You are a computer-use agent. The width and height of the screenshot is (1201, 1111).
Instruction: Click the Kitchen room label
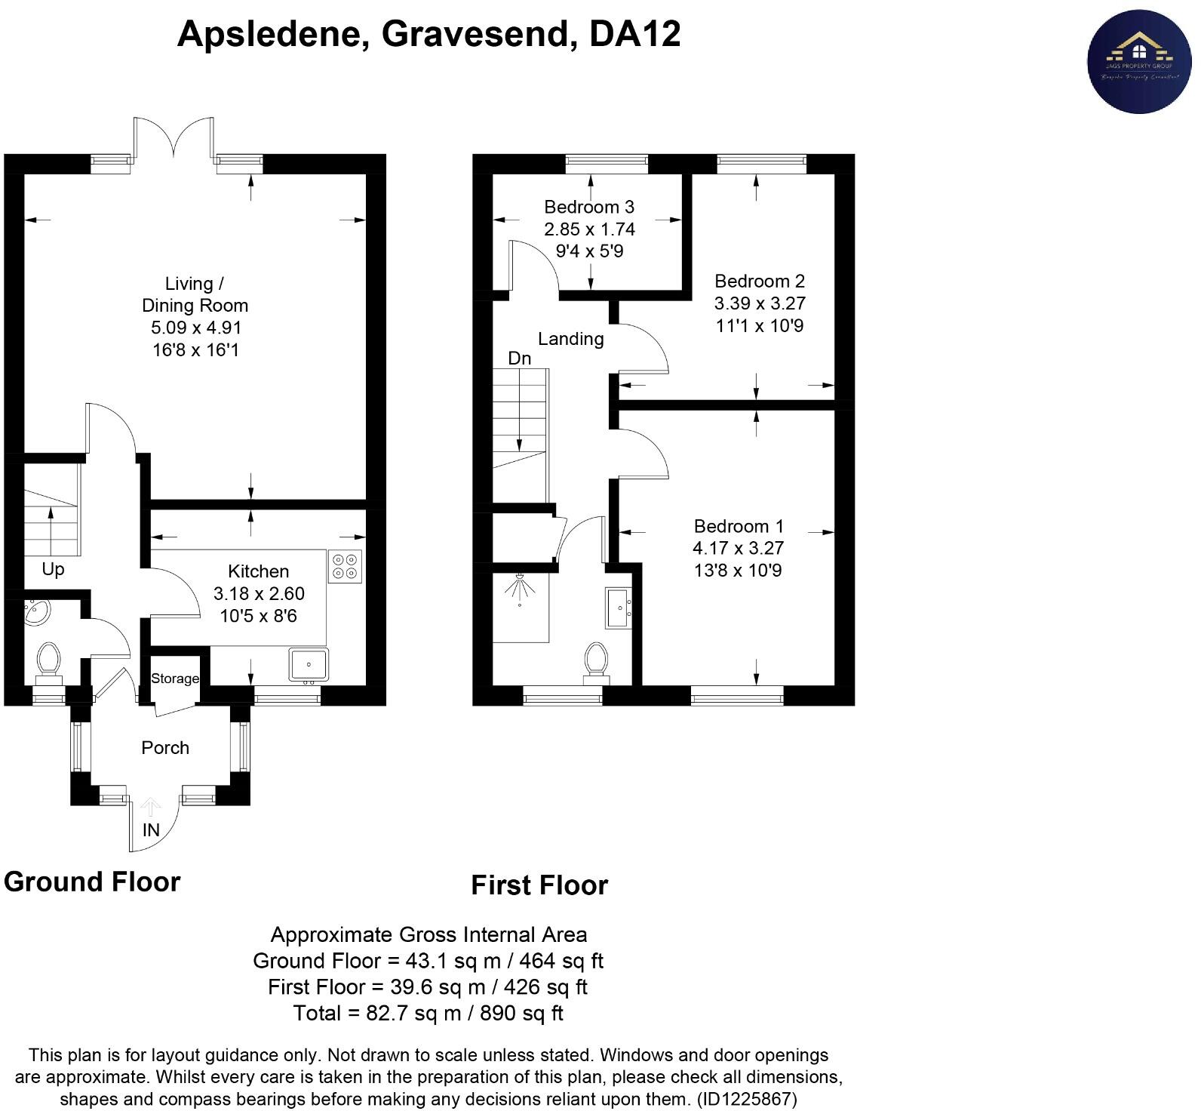click(258, 571)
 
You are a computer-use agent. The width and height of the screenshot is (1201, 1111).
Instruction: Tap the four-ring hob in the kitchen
click(345, 567)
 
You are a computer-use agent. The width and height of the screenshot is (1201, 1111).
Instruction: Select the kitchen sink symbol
click(309, 665)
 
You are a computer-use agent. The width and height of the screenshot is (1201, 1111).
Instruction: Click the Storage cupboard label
click(175, 679)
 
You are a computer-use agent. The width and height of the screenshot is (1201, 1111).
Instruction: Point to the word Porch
click(165, 748)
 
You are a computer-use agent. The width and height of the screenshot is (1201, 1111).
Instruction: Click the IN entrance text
click(151, 830)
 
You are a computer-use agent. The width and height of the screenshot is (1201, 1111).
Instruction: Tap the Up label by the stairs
click(53, 569)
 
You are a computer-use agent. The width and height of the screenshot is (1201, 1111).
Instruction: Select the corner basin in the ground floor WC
click(35, 612)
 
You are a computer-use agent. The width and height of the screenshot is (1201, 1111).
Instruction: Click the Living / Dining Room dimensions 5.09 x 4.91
click(195, 328)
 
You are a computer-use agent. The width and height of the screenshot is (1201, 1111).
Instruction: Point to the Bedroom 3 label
click(589, 207)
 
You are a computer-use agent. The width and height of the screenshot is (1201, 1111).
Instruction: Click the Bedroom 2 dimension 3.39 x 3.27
click(760, 303)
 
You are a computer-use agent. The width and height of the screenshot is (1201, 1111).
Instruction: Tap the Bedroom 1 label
click(739, 526)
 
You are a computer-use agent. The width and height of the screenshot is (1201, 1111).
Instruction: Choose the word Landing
click(570, 339)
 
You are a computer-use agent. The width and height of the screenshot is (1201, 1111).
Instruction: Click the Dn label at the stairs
click(519, 359)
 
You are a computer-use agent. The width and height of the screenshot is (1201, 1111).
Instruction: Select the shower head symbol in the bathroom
click(520, 588)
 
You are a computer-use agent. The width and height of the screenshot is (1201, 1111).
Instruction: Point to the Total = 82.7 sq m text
click(428, 1013)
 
